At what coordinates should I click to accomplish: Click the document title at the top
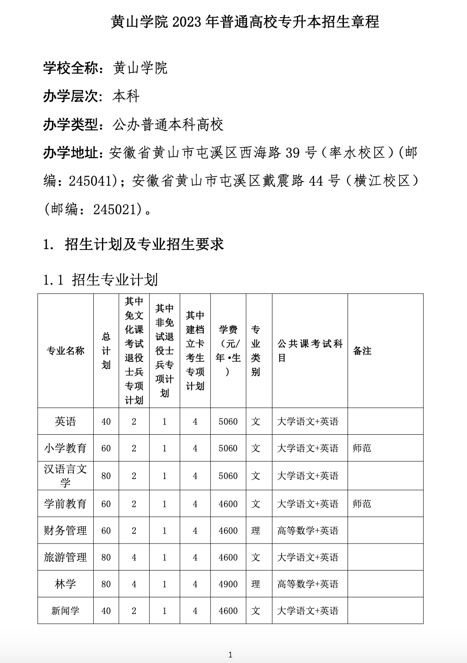coord(245,22)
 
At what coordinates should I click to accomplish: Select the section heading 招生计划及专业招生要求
coord(144,245)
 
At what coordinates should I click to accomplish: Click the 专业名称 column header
coord(66,351)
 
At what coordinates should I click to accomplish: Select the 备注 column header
coord(362,351)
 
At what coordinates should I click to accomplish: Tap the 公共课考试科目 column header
coord(310,351)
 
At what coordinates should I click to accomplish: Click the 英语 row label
coord(66,422)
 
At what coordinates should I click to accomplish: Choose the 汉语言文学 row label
coord(66,476)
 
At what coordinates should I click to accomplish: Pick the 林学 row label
coord(66,584)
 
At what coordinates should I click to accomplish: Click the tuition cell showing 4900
coord(228,584)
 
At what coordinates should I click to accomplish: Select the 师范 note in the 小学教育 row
coord(362,448)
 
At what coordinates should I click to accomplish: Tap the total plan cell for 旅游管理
coord(106,557)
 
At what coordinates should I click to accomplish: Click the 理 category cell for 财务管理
coord(256,531)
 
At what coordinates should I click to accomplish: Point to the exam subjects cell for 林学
coord(308,584)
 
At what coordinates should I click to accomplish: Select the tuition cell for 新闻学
coord(228,611)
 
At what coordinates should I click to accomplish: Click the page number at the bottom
coord(230,654)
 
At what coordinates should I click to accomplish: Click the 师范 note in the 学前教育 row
coord(362,504)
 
